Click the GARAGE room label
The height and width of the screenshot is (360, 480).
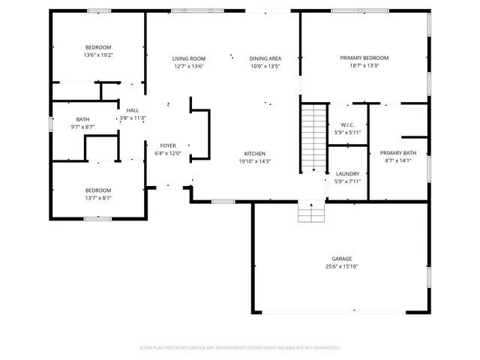[341, 258]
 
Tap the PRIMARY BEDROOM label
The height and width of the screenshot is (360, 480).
[364, 58]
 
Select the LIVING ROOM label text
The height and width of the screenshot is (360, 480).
[188, 58]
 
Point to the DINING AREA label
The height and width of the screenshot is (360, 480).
[265, 58]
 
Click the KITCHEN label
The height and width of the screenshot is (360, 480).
[254, 153]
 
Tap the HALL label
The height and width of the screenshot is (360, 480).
[132, 110]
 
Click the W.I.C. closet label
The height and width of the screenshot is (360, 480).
[347, 125]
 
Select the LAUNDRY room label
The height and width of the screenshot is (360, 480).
[347, 173]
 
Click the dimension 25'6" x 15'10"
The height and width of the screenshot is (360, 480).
[341, 266]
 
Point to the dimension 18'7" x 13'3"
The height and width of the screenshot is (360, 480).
[364, 66]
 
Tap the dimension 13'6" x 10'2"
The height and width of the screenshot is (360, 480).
[98, 55]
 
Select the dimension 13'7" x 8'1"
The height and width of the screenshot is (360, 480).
[97, 199]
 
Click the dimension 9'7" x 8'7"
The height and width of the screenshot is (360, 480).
[82, 127]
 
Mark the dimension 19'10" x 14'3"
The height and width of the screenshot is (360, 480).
[254, 161]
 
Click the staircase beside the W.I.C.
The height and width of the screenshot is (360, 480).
[314, 139]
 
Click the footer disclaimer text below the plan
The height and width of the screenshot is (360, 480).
[239, 348]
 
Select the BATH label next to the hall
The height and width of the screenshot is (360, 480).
[82, 119]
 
